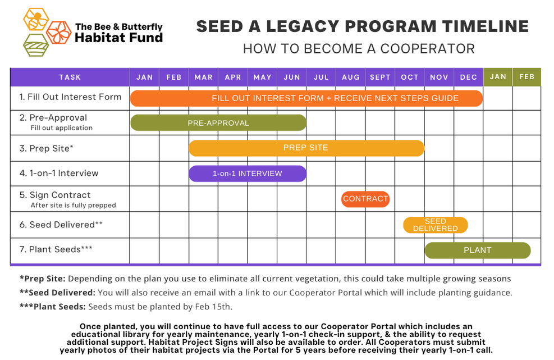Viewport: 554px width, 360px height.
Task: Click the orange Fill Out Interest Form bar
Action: (x=306, y=98)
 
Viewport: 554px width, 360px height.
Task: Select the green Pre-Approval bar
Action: (x=218, y=123)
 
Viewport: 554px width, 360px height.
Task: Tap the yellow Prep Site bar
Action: (x=306, y=148)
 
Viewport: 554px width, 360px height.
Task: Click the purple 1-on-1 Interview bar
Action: (x=248, y=174)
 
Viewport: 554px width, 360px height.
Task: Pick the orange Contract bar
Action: (x=365, y=199)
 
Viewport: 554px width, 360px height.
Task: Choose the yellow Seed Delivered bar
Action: (x=435, y=225)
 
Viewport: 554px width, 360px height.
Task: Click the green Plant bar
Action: (x=477, y=250)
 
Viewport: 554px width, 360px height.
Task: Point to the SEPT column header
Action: (x=380, y=77)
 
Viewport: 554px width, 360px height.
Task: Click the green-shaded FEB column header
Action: (x=526, y=77)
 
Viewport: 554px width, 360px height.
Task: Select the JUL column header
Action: (x=321, y=77)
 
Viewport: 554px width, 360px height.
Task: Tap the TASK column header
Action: (x=70, y=77)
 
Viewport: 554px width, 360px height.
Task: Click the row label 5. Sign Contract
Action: (x=55, y=195)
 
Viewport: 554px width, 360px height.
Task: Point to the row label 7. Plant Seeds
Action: (x=56, y=249)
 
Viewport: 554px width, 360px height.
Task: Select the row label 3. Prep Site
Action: (x=47, y=148)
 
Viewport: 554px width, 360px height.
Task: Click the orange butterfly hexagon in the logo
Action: (x=58, y=32)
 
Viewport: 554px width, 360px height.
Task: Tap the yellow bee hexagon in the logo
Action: (x=36, y=19)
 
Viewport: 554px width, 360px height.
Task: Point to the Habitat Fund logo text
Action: (x=118, y=38)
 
